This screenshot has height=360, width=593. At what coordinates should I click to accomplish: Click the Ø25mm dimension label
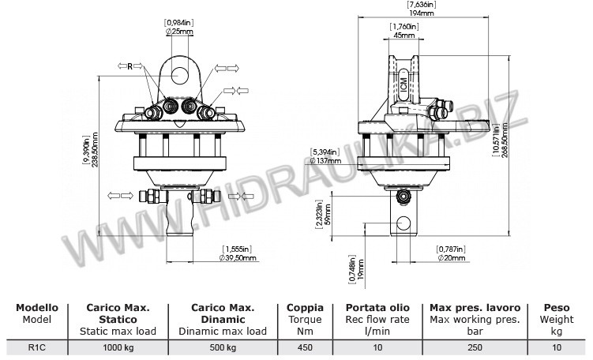coord(178,32)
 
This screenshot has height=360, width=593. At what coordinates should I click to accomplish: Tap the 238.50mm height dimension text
coord(96,151)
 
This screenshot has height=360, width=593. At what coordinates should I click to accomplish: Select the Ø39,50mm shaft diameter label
coord(238,257)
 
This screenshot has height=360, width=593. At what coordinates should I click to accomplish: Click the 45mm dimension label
coord(403,36)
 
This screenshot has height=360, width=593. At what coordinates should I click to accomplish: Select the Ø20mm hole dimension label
coord(451,257)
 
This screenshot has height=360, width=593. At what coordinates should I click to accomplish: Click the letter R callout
coord(131,67)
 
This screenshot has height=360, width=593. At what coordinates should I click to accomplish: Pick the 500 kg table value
coord(222,346)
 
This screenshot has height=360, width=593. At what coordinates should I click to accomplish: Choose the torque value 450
coord(304,346)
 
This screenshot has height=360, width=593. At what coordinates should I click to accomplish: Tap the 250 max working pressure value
coord(474,346)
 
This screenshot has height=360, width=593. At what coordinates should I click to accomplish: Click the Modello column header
coord(37,307)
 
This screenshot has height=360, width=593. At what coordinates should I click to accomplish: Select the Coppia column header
coord(304,307)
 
